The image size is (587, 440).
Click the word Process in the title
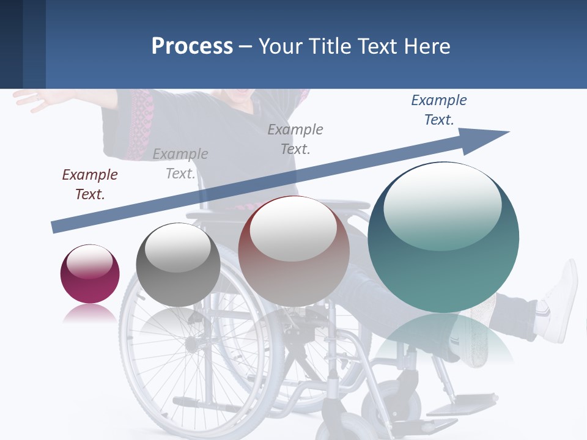(x=192, y=46)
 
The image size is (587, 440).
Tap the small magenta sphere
(x=90, y=274)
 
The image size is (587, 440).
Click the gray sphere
(x=178, y=265)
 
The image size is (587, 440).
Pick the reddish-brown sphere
(x=293, y=251)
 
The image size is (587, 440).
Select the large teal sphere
(x=443, y=237)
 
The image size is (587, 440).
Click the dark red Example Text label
(x=90, y=184)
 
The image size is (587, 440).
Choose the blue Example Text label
(x=439, y=110)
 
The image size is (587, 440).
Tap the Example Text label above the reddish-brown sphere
(x=295, y=139)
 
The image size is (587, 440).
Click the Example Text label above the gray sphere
(x=180, y=164)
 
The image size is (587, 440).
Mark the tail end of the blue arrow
(x=55, y=227)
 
